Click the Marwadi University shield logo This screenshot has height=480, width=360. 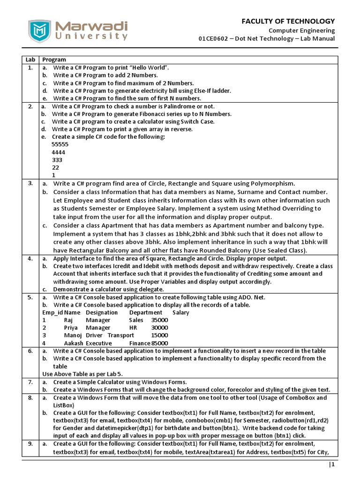coord(38,31)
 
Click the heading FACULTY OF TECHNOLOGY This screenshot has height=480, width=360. coord(288,21)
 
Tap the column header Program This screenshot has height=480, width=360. coord(54,60)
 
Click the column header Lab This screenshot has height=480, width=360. coord(30,60)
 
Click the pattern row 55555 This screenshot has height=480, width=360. coord(60,144)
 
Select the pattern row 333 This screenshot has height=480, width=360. coord(57,159)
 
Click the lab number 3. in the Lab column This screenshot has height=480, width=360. coord(30,183)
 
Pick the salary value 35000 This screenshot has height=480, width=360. coord(159,320)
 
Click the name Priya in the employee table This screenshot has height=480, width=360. coord(71,328)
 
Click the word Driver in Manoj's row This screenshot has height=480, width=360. coord(94,335)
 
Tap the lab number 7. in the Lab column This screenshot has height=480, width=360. coord(30,382)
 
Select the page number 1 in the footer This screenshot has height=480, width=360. coord(332,465)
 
